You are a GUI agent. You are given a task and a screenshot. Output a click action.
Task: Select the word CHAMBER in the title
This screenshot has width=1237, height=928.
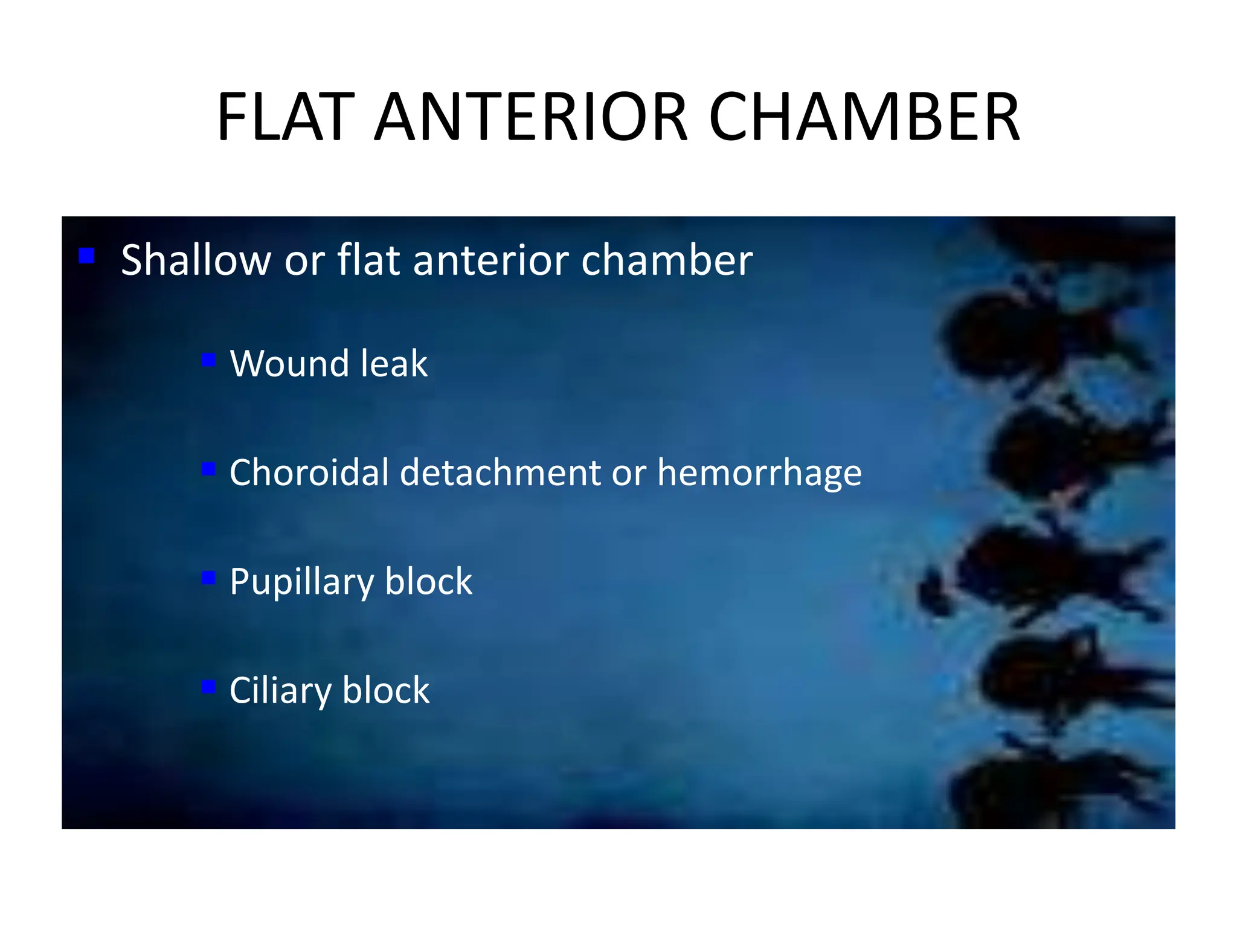(x=864, y=117)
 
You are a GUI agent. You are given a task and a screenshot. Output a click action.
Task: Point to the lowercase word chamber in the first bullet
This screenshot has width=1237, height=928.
(x=667, y=260)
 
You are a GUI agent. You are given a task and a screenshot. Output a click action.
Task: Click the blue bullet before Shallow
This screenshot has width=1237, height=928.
(x=87, y=256)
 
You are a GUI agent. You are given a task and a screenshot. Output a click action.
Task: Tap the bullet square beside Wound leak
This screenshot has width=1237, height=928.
(x=208, y=360)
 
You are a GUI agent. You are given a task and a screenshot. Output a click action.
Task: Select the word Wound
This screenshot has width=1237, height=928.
(x=289, y=364)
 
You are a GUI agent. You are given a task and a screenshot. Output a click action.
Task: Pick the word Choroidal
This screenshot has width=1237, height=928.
(x=309, y=472)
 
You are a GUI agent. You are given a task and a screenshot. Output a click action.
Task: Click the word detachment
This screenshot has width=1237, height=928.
(x=501, y=472)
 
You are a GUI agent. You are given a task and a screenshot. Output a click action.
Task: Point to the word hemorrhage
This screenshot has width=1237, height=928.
(x=759, y=474)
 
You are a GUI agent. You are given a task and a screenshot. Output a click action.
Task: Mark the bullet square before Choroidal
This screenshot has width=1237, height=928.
(x=208, y=469)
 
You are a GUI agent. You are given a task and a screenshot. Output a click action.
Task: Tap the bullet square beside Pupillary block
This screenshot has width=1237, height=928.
(x=208, y=578)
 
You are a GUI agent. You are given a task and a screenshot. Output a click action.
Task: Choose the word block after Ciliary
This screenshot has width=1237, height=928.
(x=386, y=690)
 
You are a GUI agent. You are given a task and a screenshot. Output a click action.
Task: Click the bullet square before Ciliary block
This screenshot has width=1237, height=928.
(x=208, y=687)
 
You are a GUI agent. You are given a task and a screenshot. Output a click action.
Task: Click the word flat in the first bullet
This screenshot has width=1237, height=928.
(x=368, y=260)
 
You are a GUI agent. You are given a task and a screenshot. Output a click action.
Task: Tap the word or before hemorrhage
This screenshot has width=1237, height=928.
(x=629, y=474)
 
